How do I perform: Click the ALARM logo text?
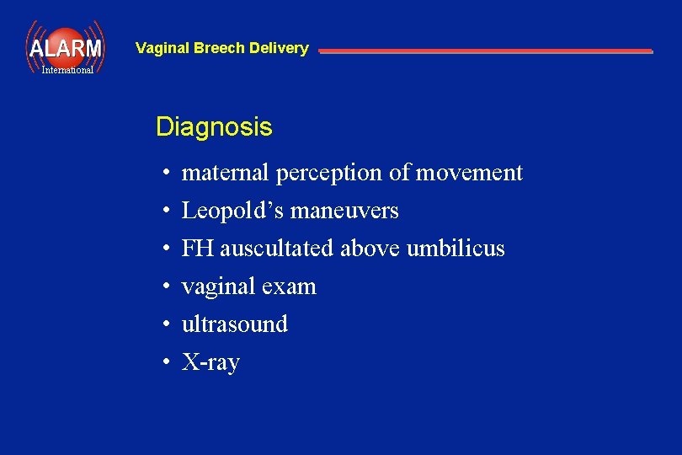point(65,48)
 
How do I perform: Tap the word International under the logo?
point(67,70)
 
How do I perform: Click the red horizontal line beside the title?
point(485,51)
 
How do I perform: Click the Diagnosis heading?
point(214,127)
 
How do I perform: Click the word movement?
point(469,173)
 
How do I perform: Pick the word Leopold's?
point(233,211)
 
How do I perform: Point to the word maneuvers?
point(344,211)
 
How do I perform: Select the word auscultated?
point(280,249)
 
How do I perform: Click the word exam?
point(289,286)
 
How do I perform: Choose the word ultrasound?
point(235,324)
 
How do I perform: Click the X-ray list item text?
point(210,362)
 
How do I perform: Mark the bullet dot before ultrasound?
point(168,325)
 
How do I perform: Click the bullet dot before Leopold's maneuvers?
point(168,211)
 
